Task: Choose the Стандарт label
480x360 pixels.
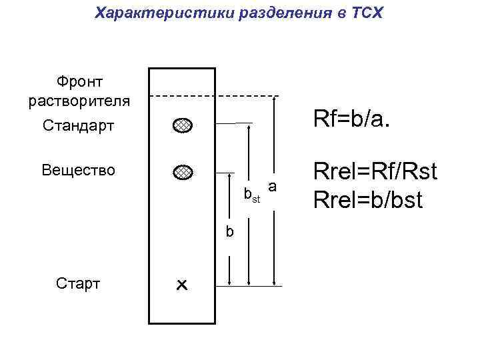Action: click(x=79, y=125)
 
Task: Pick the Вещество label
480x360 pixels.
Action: click(x=79, y=170)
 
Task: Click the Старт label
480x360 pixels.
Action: click(x=79, y=283)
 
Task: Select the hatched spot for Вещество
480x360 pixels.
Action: click(x=182, y=172)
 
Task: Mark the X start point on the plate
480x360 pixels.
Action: click(x=181, y=285)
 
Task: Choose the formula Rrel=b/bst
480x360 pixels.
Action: click(x=368, y=199)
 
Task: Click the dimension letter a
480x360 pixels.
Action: click(x=272, y=183)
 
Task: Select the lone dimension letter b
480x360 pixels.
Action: click(x=230, y=231)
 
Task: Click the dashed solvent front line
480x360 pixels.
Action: click(x=213, y=97)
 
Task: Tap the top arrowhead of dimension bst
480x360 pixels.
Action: click(x=249, y=127)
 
